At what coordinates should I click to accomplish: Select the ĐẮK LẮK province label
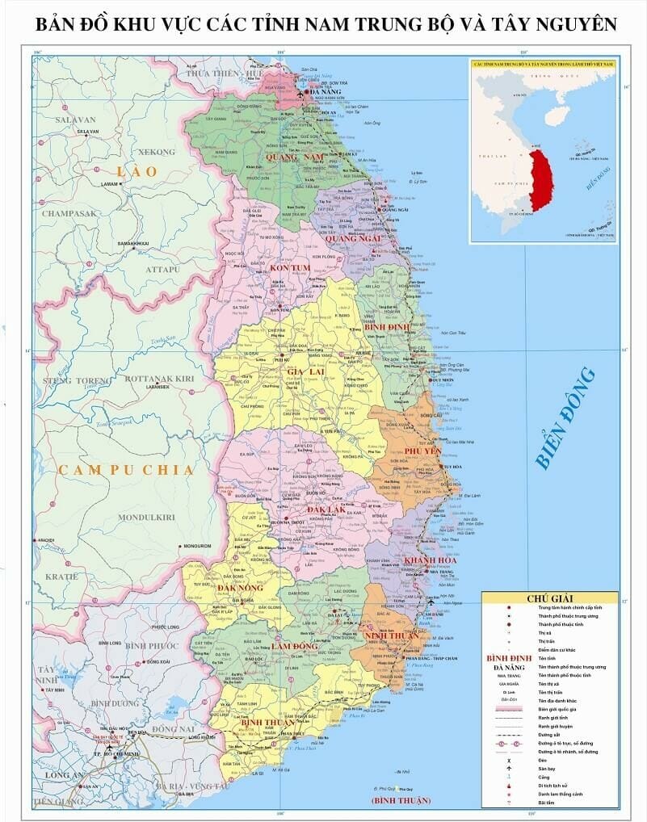click(325, 510)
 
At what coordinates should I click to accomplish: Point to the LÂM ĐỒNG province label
click(293, 647)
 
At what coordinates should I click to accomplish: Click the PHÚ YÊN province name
click(421, 451)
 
